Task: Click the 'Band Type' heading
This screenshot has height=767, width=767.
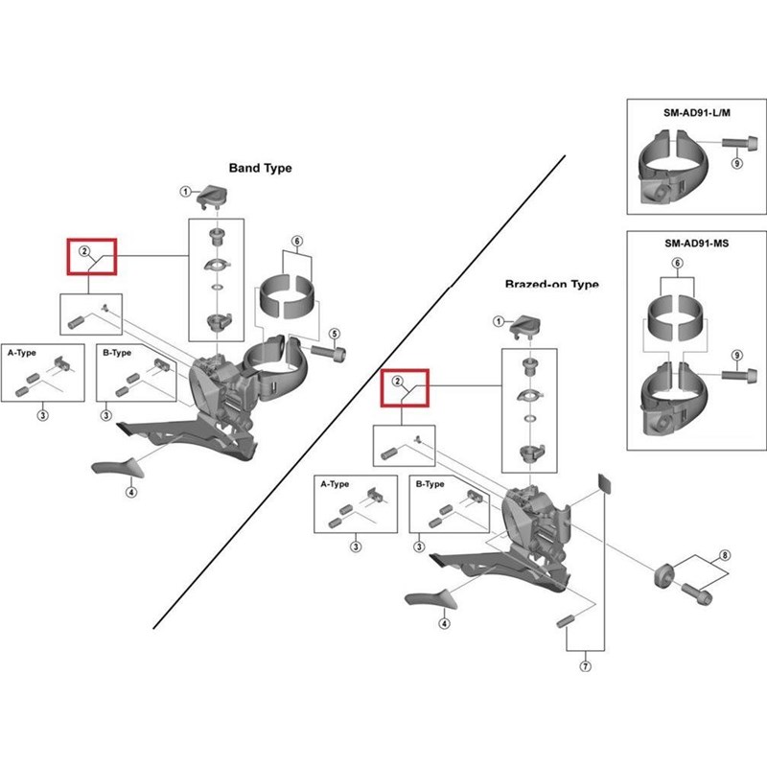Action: tap(260, 168)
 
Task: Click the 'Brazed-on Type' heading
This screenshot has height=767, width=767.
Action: tap(551, 285)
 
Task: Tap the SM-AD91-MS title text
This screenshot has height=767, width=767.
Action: tap(696, 244)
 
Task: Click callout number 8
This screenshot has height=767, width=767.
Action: tap(725, 555)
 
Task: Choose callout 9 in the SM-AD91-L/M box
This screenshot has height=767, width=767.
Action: tap(736, 164)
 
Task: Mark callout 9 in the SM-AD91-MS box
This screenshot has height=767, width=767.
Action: tap(736, 357)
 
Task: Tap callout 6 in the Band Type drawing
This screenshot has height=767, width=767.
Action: tap(296, 241)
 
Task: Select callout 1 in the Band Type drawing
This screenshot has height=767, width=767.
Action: tap(185, 192)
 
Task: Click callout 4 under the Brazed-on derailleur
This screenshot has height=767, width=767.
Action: tap(444, 623)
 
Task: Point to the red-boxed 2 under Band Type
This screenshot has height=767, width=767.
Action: tap(85, 252)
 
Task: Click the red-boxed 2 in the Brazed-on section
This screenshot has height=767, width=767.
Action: tap(396, 382)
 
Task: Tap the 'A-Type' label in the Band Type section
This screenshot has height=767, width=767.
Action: tap(21, 353)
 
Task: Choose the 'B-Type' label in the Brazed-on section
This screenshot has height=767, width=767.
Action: tap(430, 484)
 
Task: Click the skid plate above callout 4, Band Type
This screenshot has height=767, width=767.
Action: tap(117, 469)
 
